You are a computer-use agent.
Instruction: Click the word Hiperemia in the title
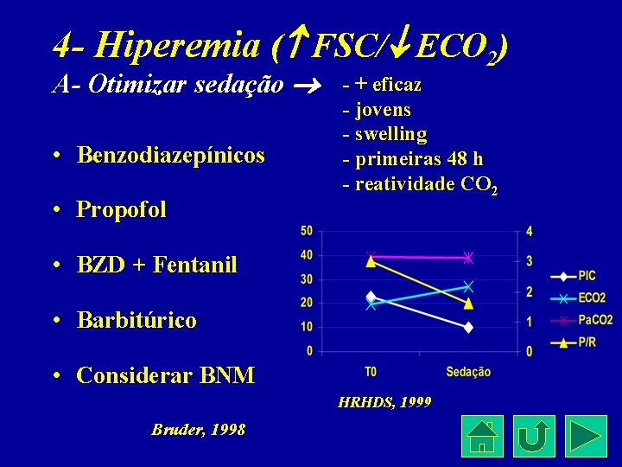click(155, 45)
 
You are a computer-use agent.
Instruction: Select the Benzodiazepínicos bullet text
click(170, 155)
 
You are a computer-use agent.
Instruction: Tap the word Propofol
click(121, 210)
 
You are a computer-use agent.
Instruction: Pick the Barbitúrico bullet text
click(136, 320)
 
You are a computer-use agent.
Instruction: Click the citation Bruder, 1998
click(198, 430)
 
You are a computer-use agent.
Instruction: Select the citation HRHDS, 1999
click(384, 403)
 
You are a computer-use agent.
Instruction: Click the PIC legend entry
click(587, 276)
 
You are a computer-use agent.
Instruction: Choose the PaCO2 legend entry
click(593, 320)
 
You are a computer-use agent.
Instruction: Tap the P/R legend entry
click(587, 342)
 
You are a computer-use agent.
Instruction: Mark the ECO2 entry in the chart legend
click(591, 297)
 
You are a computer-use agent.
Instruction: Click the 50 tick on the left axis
click(307, 231)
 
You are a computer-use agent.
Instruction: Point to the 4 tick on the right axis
click(529, 231)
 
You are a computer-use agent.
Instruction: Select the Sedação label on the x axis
click(468, 372)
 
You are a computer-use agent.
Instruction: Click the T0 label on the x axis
click(371, 372)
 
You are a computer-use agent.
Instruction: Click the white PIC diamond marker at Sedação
click(468, 327)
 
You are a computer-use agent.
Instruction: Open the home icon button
click(483, 436)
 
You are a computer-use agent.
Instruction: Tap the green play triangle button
click(586, 436)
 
